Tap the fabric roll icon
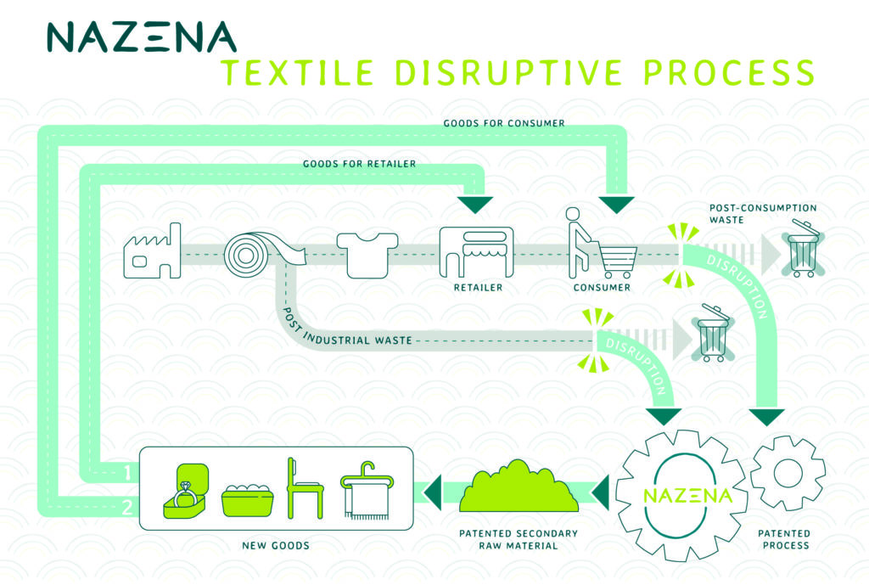pyautogui.click(x=253, y=252)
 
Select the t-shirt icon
pyautogui.click(x=367, y=253)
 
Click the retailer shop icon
pyautogui.click(x=476, y=252)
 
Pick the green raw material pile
pyautogui.click(x=519, y=487)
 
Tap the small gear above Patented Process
pyautogui.click(x=788, y=473)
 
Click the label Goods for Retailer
pyautogui.click(x=359, y=163)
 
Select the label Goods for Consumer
pyautogui.click(x=504, y=123)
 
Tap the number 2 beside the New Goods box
pyautogui.click(x=125, y=507)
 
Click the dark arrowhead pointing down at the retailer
pyautogui.click(x=475, y=204)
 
